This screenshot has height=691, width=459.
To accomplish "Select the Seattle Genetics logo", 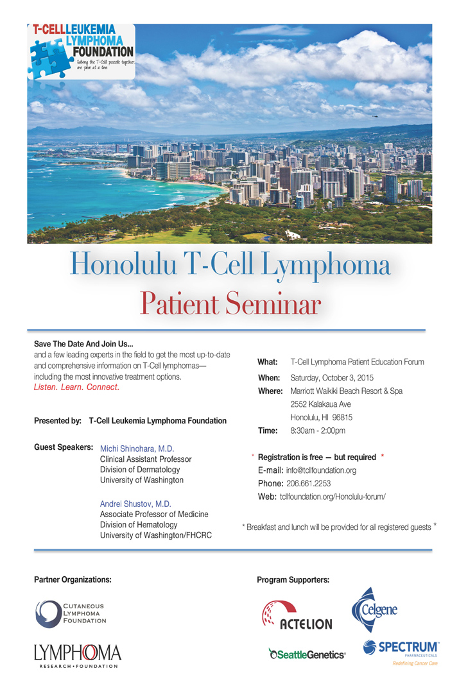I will pos(307,654).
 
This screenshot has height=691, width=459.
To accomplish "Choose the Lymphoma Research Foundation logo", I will pos(77,656).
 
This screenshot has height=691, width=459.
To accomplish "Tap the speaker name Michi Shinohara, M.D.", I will pos(137,448).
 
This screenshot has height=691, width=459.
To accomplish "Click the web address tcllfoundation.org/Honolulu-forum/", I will pos(333,497).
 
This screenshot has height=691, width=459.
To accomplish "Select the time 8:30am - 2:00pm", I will pos(318,431).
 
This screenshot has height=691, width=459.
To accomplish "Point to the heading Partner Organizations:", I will pos(73,579).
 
